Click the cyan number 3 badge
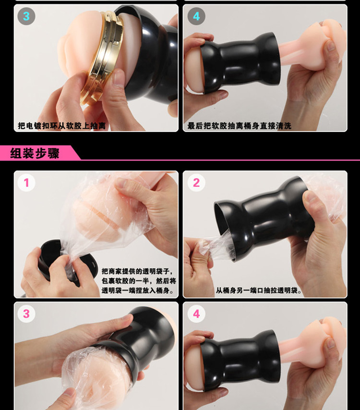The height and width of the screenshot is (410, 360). click(26, 16)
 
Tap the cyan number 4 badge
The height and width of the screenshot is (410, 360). click(196, 16)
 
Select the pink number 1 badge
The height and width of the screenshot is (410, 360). click(26, 182)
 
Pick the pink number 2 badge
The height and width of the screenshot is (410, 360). click(196, 182)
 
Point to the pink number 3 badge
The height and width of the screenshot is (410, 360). click(26, 314)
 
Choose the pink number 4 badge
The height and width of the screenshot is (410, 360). click(196, 314)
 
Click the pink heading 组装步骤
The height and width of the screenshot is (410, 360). click(35, 153)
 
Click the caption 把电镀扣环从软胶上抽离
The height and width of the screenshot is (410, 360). click(62, 126)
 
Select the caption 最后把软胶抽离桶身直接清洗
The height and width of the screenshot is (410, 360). click(239, 126)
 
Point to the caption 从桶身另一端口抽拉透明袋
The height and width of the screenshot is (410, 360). click(259, 290)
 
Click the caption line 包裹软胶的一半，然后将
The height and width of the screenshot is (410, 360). click(139, 281)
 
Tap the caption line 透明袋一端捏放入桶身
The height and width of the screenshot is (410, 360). click(137, 290)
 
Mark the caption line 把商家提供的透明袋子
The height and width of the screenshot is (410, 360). click(137, 271)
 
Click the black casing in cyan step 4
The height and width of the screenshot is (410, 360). click(239, 63)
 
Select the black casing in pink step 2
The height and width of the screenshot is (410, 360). click(264, 217)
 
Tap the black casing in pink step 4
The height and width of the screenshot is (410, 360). click(239, 361)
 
